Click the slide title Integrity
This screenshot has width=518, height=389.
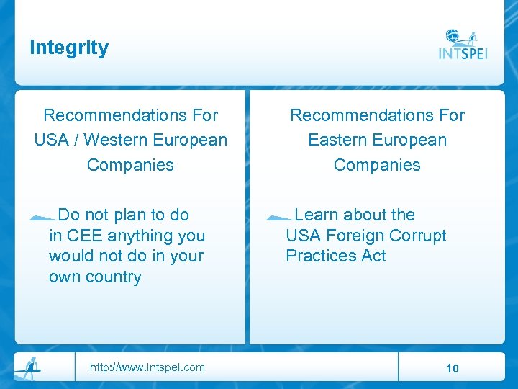coord(69,48)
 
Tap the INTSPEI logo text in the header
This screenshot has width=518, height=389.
coord(463,54)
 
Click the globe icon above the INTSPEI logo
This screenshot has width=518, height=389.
coord(453,36)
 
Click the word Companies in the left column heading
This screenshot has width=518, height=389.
coord(130,164)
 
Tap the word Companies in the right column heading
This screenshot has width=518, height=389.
coord(377,164)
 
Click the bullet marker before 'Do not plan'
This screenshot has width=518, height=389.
coord(43,216)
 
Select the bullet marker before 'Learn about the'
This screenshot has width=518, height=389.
coord(279,216)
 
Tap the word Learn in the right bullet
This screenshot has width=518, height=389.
coord(317,215)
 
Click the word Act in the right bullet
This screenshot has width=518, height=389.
coord(374,256)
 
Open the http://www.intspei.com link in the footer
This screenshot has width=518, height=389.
coord(147,367)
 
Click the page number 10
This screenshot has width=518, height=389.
coord(452,368)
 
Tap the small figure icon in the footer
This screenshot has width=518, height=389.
coord(29,366)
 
